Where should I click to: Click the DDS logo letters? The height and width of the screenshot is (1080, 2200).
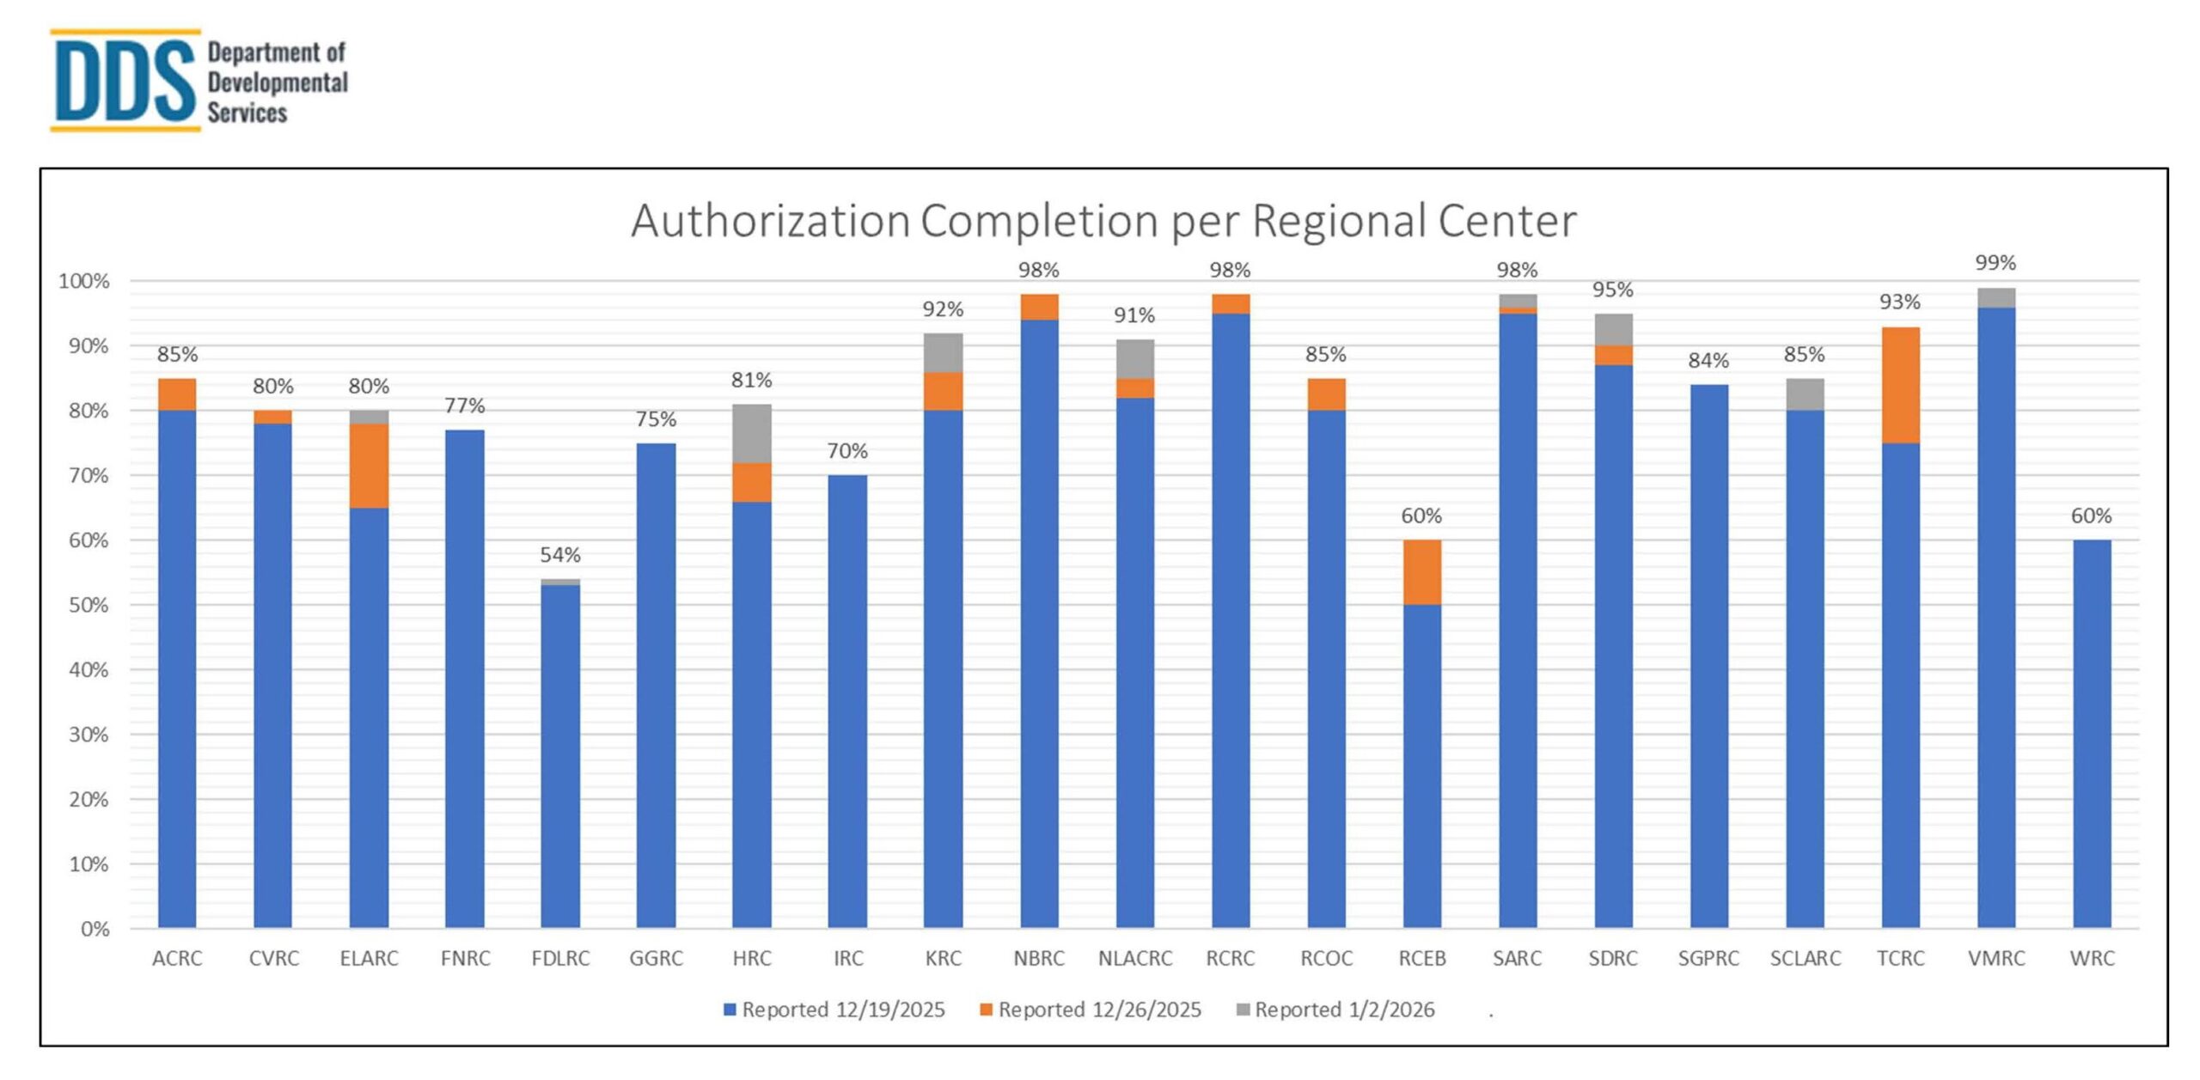tap(125, 82)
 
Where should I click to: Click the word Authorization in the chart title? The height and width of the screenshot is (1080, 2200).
tap(770, 221)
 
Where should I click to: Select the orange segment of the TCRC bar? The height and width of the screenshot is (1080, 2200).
tap(1900, 385)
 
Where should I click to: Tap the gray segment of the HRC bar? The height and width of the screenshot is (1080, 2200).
tap(752, 433)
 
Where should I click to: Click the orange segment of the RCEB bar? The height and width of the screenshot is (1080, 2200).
tap(1421, 572)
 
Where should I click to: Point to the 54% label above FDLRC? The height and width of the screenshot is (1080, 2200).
tap(560, 555)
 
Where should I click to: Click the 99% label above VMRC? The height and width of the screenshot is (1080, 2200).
tap(1995, 263)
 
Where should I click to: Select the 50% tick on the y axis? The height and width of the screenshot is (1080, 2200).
tap(89, 606)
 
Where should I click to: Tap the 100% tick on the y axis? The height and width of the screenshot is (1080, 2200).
tap(84, 282)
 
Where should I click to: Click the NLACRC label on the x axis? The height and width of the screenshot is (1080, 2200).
tap(1134, 958)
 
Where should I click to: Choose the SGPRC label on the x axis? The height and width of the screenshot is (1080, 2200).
tap(1708, 958)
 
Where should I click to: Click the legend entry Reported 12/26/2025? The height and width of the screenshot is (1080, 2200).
tap(1099, 1010)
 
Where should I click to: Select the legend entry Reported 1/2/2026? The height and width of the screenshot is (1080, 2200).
tap(1344, 1010)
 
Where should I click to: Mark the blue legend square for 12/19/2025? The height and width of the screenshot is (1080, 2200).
tap(730, 1010)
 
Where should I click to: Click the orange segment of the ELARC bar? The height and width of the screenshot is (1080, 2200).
tap(369, 466)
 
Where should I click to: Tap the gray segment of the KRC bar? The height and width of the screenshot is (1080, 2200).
tap(944, 352)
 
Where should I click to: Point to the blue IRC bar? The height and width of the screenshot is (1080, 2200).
tap(847, 700)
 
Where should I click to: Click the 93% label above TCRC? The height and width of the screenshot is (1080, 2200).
tap(1899, 302)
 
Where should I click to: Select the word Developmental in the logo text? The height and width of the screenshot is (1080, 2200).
tap(278, 82)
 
